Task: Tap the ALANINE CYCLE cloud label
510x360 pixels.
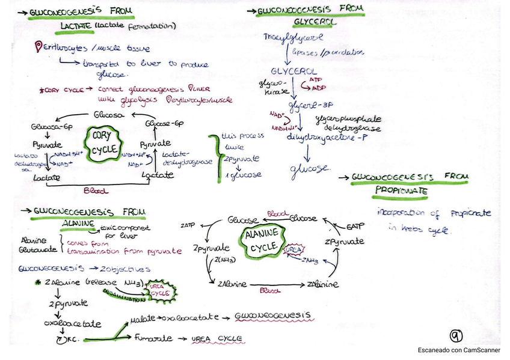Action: (264, 239)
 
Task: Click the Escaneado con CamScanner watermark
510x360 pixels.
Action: (459, 350)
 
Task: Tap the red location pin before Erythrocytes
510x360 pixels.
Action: (39, 46)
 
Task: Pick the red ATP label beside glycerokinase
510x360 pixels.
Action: (315, 80)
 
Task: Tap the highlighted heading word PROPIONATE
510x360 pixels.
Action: (401, 191)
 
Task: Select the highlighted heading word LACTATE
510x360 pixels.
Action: (76, 26)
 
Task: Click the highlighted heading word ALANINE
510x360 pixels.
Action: (79, 223)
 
